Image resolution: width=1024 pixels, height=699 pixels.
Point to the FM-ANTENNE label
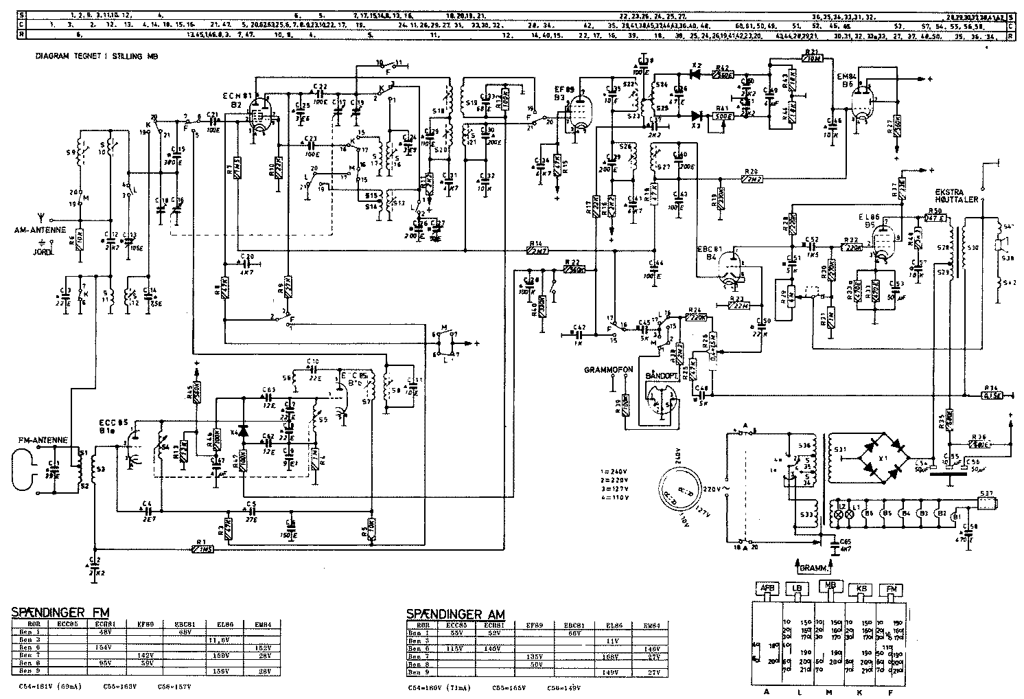point(38,437)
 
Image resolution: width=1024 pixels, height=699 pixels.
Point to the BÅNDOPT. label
point(661,377)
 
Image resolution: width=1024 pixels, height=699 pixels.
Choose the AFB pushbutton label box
point(767,588)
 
